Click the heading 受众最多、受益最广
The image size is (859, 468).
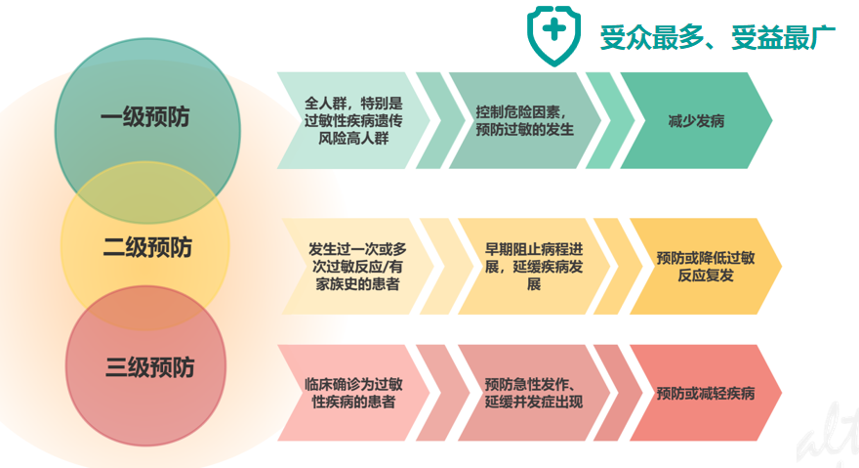point(717,37)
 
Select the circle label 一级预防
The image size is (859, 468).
point(145,117)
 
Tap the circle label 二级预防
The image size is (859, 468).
point(147,247)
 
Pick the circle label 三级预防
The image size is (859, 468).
point(149,367)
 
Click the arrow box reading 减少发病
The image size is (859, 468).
point(696,120)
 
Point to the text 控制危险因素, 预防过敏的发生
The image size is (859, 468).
point(524,121)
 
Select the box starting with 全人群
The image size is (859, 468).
point(354,120)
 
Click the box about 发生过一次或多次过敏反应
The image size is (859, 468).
point(357,266)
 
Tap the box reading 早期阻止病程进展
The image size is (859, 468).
point(534,266)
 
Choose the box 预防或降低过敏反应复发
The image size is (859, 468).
point(706,266)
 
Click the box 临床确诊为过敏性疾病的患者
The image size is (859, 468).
point(354,393)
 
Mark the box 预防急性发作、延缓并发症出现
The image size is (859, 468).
point(534,393)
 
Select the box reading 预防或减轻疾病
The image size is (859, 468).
point(706,393)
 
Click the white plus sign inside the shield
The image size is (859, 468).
point(553,29)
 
